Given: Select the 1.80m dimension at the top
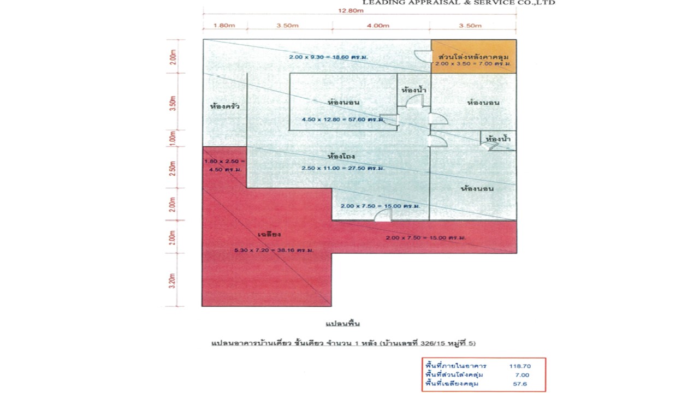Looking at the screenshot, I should pyautogui.click(x=224, y=26).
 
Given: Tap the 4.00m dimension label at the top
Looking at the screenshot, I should pyautogui.click(x=378, y=26).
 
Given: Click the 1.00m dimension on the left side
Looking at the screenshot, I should pyautogui.click(x=173, y=138).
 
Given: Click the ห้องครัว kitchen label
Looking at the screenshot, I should pyautogui.click(x=224, y=106).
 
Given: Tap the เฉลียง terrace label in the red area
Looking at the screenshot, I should pyautogui.click(x=269, y=235).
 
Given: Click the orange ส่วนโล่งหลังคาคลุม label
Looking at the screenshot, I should pyautogui.click(x=473, y=56).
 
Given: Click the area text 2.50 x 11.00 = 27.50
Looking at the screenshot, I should pyautogui.click(x=343, y=168).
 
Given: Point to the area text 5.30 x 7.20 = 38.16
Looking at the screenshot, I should pyautogui.click(x=274, y=250).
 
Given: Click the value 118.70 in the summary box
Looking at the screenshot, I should pyautogui.click(x=519, y=366).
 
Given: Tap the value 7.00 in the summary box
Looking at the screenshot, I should pyautogui.click(x=522, y=375).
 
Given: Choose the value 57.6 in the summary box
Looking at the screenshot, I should pyautogui.click(x=520, y=384).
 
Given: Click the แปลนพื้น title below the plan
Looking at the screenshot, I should pyautogui.click(x=342, y=324).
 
